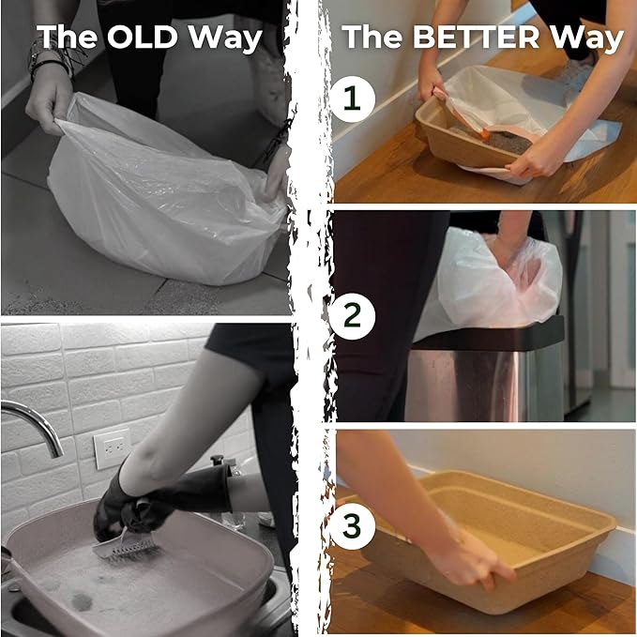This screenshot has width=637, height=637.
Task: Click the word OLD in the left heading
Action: click(x=143, y=37)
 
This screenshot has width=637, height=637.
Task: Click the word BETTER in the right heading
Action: click(x=476, y=37)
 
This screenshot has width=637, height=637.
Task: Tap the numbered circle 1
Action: click(x=352, y=99)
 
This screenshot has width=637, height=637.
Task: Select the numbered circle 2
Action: click(x=352, y=316)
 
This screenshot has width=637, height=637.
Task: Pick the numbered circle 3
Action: click(x=352, y=526)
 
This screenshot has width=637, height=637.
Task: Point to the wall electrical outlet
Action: click(x=112, y=448)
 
